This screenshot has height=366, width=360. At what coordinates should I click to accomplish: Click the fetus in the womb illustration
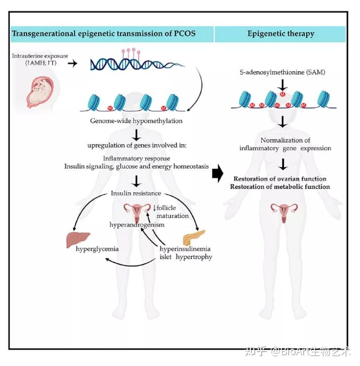[x=41, y=93]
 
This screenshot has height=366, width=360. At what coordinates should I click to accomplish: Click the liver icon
[x=78, y=239]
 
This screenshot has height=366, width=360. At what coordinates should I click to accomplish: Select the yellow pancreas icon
[x=194, y=237]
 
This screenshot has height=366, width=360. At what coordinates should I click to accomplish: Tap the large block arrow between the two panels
[x=217, y=173]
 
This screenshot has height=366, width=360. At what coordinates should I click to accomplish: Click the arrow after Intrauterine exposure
[x=72, y=63]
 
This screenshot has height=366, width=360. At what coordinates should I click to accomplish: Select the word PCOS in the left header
[x=185, y=34]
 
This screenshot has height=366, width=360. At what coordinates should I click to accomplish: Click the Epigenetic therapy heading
[x=281, y=34]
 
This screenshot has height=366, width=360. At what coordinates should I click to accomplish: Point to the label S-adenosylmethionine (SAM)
[x=283, y=72]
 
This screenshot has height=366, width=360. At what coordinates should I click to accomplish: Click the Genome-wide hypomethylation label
[x=136, y=121]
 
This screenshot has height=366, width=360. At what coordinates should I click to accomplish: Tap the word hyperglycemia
[x=97, y=249]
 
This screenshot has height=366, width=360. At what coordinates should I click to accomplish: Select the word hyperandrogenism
[x=137, y=224]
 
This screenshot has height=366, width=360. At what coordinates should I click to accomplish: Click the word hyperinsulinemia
[x=185, y=249]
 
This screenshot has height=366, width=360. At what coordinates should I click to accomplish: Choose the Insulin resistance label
[x=136, y=193]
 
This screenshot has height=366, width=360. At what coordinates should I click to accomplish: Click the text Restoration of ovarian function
[x=280, y=179]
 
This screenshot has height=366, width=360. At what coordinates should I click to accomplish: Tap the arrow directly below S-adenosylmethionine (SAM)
[x=283, y=85]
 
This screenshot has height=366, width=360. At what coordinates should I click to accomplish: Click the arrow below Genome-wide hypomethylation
[x=136, y=135]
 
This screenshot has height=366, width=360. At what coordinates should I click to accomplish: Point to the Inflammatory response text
[x=136, y=158]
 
